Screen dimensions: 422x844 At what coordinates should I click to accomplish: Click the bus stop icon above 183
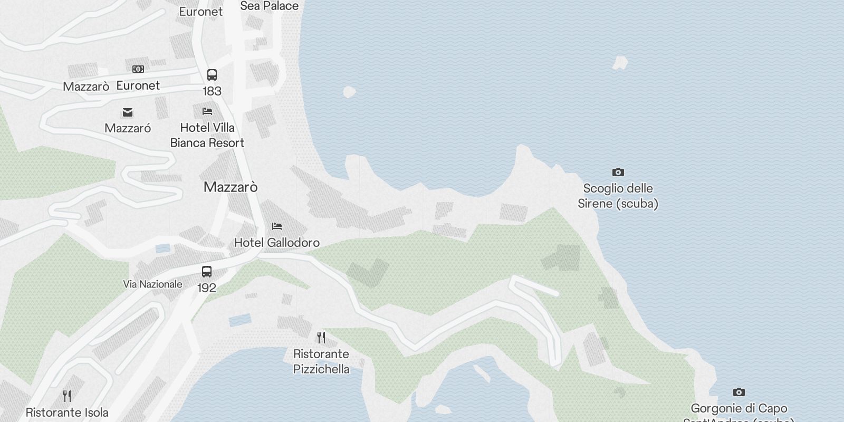212,74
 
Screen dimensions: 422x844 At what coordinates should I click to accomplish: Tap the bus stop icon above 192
207,272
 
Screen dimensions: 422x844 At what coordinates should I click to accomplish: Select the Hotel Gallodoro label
277,243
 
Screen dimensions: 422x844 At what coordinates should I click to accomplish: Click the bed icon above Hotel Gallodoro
277,226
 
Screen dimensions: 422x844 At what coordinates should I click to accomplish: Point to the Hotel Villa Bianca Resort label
207,135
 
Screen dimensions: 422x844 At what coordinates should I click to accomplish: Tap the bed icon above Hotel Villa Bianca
207,111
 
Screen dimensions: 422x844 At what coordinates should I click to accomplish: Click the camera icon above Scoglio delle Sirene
618,172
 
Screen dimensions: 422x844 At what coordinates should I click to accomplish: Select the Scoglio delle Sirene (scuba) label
618,196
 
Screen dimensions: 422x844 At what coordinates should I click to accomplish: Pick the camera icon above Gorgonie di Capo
739,392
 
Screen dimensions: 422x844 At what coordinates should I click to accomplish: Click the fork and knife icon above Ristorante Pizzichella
321,337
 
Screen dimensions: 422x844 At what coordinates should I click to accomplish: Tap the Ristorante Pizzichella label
321,361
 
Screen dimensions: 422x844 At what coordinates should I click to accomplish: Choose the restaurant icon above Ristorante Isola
67,396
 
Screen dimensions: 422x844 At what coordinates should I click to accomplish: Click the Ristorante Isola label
67,413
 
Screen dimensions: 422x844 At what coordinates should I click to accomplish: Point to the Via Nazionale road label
152,284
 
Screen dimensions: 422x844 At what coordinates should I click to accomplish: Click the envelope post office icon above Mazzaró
128,112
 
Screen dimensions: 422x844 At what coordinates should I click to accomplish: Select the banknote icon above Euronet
138,69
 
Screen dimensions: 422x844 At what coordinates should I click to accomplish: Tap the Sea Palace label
269,6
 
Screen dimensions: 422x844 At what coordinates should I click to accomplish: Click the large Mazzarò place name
231,187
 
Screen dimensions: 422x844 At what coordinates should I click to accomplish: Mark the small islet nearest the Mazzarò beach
349,92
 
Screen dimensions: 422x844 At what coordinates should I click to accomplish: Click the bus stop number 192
207,288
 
